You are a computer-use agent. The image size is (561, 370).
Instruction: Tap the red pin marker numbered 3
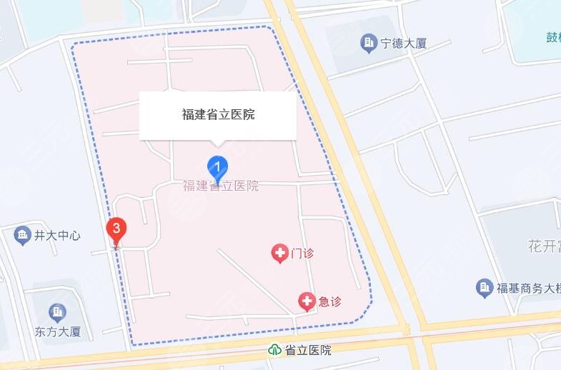coord(116,230)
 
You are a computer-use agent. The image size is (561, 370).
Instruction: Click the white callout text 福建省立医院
coord(218,114)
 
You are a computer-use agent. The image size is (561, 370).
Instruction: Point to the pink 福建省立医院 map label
coord(221,186)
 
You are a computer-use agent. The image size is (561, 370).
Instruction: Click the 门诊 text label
coord(302,253)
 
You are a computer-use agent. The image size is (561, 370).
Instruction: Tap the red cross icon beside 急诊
coord(307,301)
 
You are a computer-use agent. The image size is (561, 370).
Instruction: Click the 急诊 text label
coord(329,301)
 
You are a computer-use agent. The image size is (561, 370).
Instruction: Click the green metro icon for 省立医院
coord(274,350)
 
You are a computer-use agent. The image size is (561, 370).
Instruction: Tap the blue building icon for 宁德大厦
coord(369,43)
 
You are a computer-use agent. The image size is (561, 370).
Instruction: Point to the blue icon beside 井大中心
coord(23,234)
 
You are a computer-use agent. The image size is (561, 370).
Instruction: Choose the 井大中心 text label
coord(57,235)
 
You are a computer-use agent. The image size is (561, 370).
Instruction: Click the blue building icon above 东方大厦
coord(57,312)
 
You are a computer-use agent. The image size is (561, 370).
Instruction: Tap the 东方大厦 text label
coord(58,331)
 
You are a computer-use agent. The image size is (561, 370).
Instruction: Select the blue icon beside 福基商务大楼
coord(485,288)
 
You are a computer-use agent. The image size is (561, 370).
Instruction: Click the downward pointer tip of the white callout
coord(218,145)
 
